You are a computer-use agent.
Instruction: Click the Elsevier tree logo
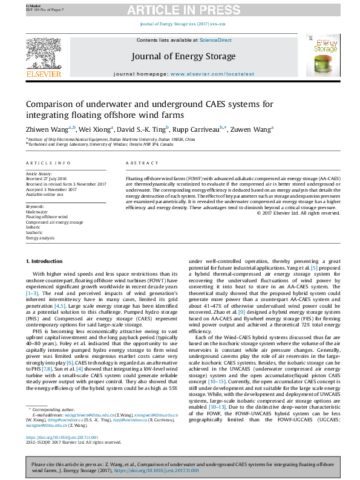tap(44, 54)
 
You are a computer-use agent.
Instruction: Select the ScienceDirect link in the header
tap(216, 40)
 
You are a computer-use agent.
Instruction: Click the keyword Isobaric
tap(34, 228)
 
